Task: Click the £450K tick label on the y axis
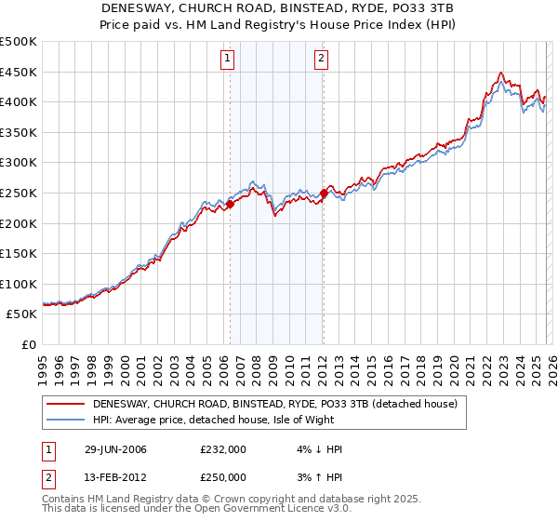click(x=19, y=72)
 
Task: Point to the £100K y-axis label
click(x=19, y=284)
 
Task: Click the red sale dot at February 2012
click(x=324, y=194)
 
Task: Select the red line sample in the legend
click(x=65, y=405)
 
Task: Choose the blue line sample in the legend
click(x=65, y=421)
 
